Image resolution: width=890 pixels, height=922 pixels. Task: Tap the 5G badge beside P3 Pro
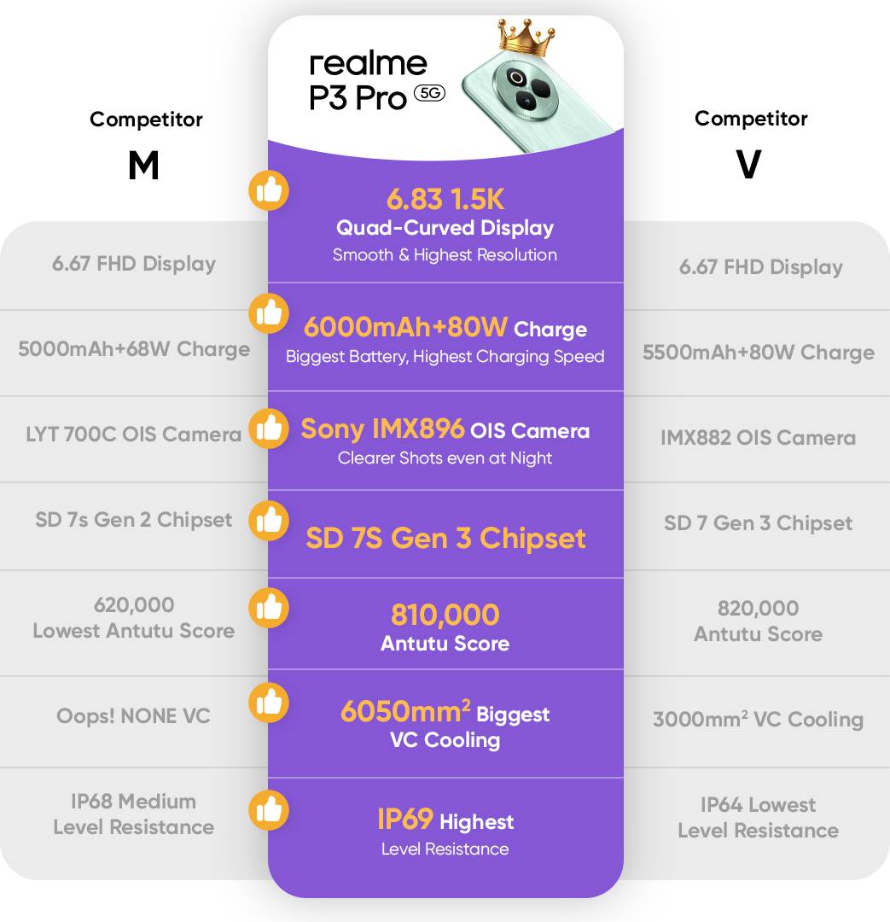429,94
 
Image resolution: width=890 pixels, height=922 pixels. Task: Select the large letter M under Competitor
143,166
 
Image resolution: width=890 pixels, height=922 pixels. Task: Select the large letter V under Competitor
748,166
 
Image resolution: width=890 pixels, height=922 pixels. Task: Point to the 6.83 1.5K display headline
445,200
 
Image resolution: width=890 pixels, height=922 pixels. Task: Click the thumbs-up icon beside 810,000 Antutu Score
269,609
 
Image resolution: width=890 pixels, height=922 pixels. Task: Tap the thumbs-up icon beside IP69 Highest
269,809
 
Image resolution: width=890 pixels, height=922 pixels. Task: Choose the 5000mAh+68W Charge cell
134,349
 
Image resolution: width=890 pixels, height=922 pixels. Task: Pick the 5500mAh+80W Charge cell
758,353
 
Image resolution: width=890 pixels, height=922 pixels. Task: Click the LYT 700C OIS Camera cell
134,435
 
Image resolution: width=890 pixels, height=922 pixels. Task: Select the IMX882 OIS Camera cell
758,438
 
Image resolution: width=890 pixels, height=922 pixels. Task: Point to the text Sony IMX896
382,429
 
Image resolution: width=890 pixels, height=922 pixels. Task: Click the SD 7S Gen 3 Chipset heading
445,539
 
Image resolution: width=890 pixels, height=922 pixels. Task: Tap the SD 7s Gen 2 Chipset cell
134,520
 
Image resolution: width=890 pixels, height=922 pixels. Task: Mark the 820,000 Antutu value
758,608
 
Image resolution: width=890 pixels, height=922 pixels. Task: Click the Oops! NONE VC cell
134,715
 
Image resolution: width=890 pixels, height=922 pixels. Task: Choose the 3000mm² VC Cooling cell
758,719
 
